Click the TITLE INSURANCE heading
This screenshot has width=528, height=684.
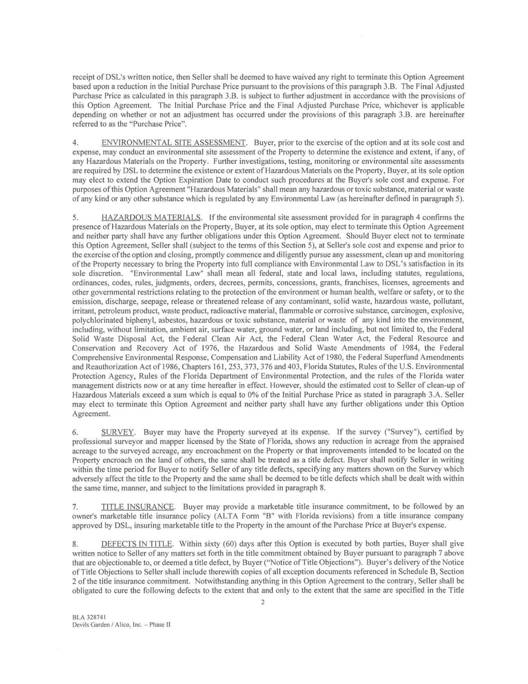pyautogui.click(x=138, y=506)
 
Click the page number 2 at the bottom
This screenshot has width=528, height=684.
pyautogui.click(x=263, y=602)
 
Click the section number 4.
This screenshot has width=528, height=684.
pyautogui.click(x=75, y=143)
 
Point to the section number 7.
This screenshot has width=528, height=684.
pyautogui.click(x=75, y=506)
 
